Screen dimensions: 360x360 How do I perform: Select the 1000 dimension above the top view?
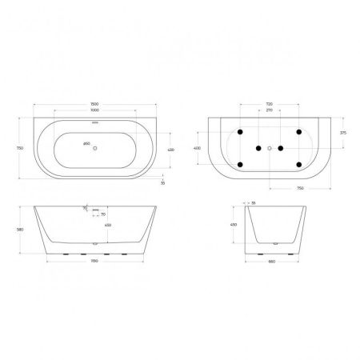[x=96, y=110]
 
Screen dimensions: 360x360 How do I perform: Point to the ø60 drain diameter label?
[x=86, y=144]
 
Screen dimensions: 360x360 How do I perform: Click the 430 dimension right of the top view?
[x=169, y=150]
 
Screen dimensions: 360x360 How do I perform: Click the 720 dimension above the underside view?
[x=270, y=104]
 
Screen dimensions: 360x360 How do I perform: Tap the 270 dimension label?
[x=270, y=111]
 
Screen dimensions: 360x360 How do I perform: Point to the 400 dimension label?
[x=198, y=148]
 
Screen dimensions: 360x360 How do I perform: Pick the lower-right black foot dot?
[x=298, y=166]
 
